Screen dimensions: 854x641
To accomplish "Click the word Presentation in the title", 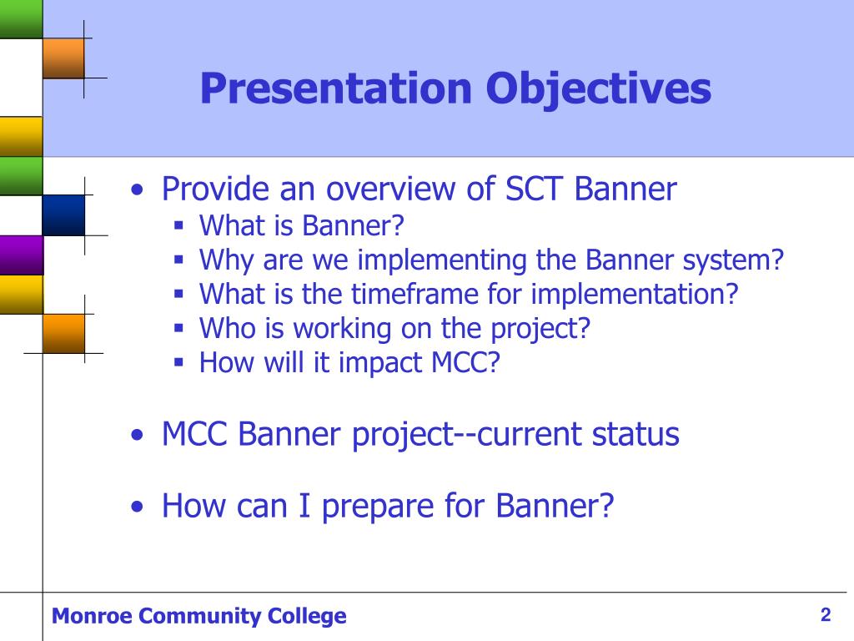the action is tap(336, 88).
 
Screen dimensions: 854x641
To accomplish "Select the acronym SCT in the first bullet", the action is tap(533, 189).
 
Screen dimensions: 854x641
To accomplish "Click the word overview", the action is tap(390, 189).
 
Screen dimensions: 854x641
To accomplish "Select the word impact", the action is tap(380, 364).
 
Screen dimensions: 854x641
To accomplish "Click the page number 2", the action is tap(826, 615).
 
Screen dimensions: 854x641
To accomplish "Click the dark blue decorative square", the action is tap(63, 215).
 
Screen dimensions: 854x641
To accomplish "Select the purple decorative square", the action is tap(21, 255).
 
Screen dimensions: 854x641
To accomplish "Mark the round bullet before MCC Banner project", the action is tap(138, 436).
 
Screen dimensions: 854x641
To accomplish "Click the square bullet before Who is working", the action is tap(178, 328).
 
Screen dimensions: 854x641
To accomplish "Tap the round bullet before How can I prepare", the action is tap(138, 507).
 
